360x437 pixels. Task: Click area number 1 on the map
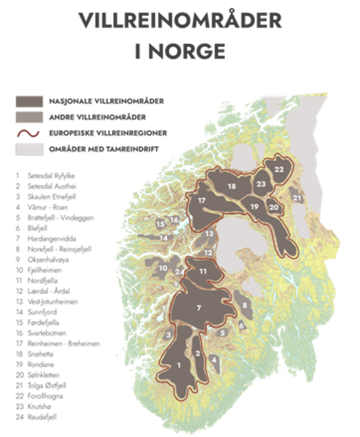pyautogui.click(x=178, y=365)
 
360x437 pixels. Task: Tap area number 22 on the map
pyautogui.click(x=278, y=169)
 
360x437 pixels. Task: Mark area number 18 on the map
pyautogui.click(x=231, y=186)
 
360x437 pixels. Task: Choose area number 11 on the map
pyautogui.click(x=203, y=271)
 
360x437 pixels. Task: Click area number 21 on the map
pyautogui.click(x=296, y=198)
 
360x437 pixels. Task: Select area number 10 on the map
pyautogui.click(x=163, y=268)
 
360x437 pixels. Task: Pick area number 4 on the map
pyautogui.click(x=213, y=358)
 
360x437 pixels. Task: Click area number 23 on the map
pyautogui.click(x=260, y=183)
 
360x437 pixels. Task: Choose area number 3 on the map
pyautogui.click(x=168, y=335)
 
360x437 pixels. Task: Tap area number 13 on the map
pyautogui.click(x=209, y=234)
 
